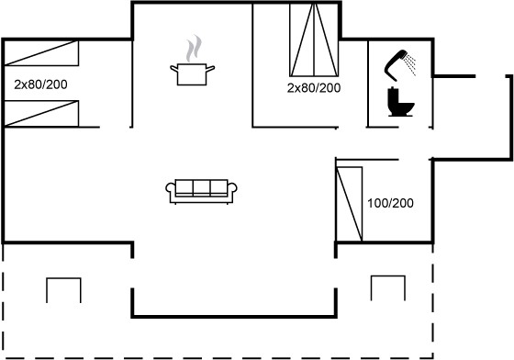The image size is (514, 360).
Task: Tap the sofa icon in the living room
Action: (x=201, y=191)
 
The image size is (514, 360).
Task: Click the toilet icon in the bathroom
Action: (x=400, y=102)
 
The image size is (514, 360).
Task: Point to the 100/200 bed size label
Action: (x=390, y=203)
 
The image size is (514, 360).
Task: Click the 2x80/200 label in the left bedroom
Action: (x=40, y=84)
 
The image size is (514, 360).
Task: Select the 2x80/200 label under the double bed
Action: (x=314, y=88)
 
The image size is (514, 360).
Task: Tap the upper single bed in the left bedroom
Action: (x=41, y=52)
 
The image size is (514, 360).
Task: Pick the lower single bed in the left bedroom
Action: (x=41, y=114)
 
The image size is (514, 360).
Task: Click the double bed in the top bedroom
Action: (x=314, y=39)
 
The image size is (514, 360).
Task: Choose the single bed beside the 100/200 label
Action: (x=350, y=204)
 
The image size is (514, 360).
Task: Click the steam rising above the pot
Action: (x=194, y=49)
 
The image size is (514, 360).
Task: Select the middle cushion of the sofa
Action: (x=201, y=187)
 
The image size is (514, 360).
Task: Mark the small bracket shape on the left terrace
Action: (x=63, y=278)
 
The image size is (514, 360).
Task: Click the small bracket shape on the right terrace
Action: (x=387, y=276)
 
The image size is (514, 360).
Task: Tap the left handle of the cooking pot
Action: (x=173, y=69)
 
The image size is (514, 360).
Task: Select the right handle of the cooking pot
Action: (x=210, y=69)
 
